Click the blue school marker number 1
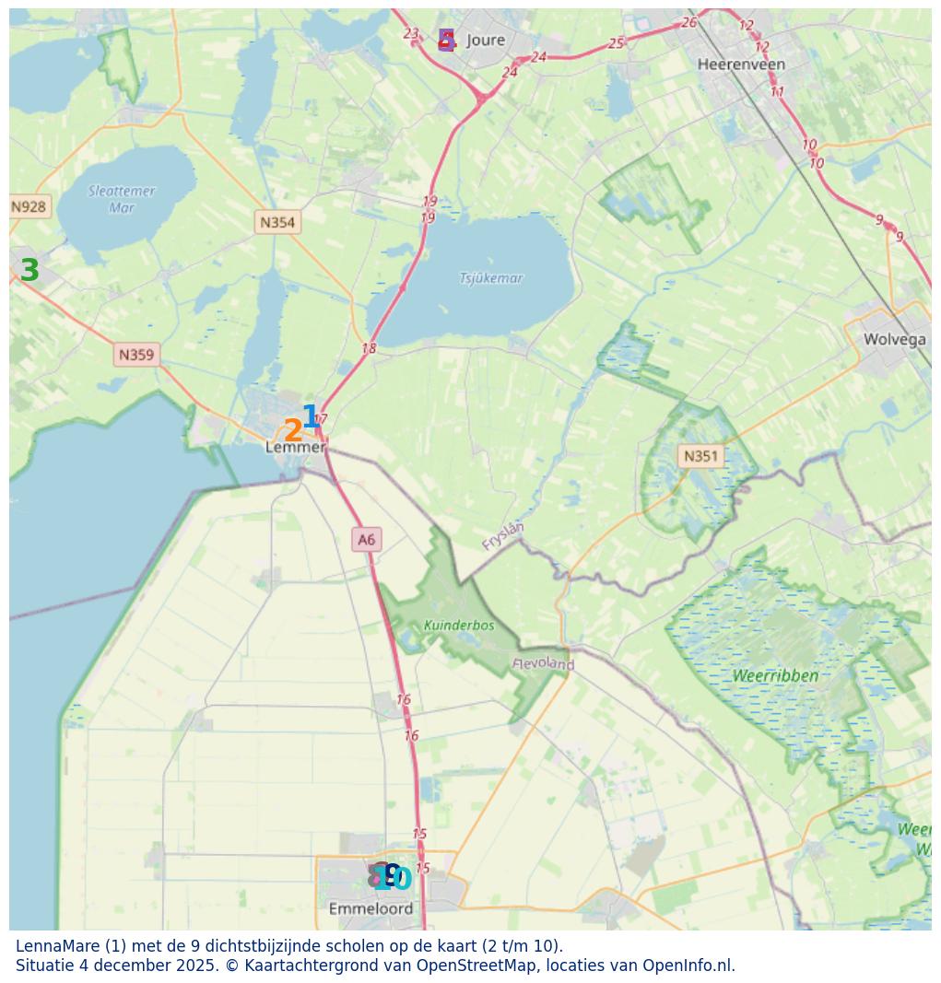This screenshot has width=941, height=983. click(x=311, y=416)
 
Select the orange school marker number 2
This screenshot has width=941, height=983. click(x=292, y=431)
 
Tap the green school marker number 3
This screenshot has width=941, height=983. click(x=29, y=271)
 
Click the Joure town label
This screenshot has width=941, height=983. click(x=486, y=40)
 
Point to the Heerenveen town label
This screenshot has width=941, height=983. click(x=741, y=64)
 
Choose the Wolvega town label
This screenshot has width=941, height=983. click(x=894, y=339)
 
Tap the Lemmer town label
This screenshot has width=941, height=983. click(x=295, y=447)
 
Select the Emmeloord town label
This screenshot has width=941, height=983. click(x=371, y=908)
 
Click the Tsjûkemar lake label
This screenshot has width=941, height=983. click(x=491, y=278)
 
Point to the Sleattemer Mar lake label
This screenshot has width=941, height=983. click(x=122, y=199)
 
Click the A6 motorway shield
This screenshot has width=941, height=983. click(x=367, y=540)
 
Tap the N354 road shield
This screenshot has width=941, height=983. click(x=277, y=222)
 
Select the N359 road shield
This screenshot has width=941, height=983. click(x=136, y=355)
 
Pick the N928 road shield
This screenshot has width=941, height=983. click(x=29, y=206)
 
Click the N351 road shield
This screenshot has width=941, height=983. click(x=700, y=455)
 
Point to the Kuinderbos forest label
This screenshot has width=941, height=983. click(x=459, y=626)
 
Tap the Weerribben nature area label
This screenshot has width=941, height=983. click(x=775, y=675)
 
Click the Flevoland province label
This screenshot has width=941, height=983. click(x=544, y=663)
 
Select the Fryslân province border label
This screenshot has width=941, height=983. click(x=503, y=535)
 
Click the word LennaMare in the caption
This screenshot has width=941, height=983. click(x=57, y=946)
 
